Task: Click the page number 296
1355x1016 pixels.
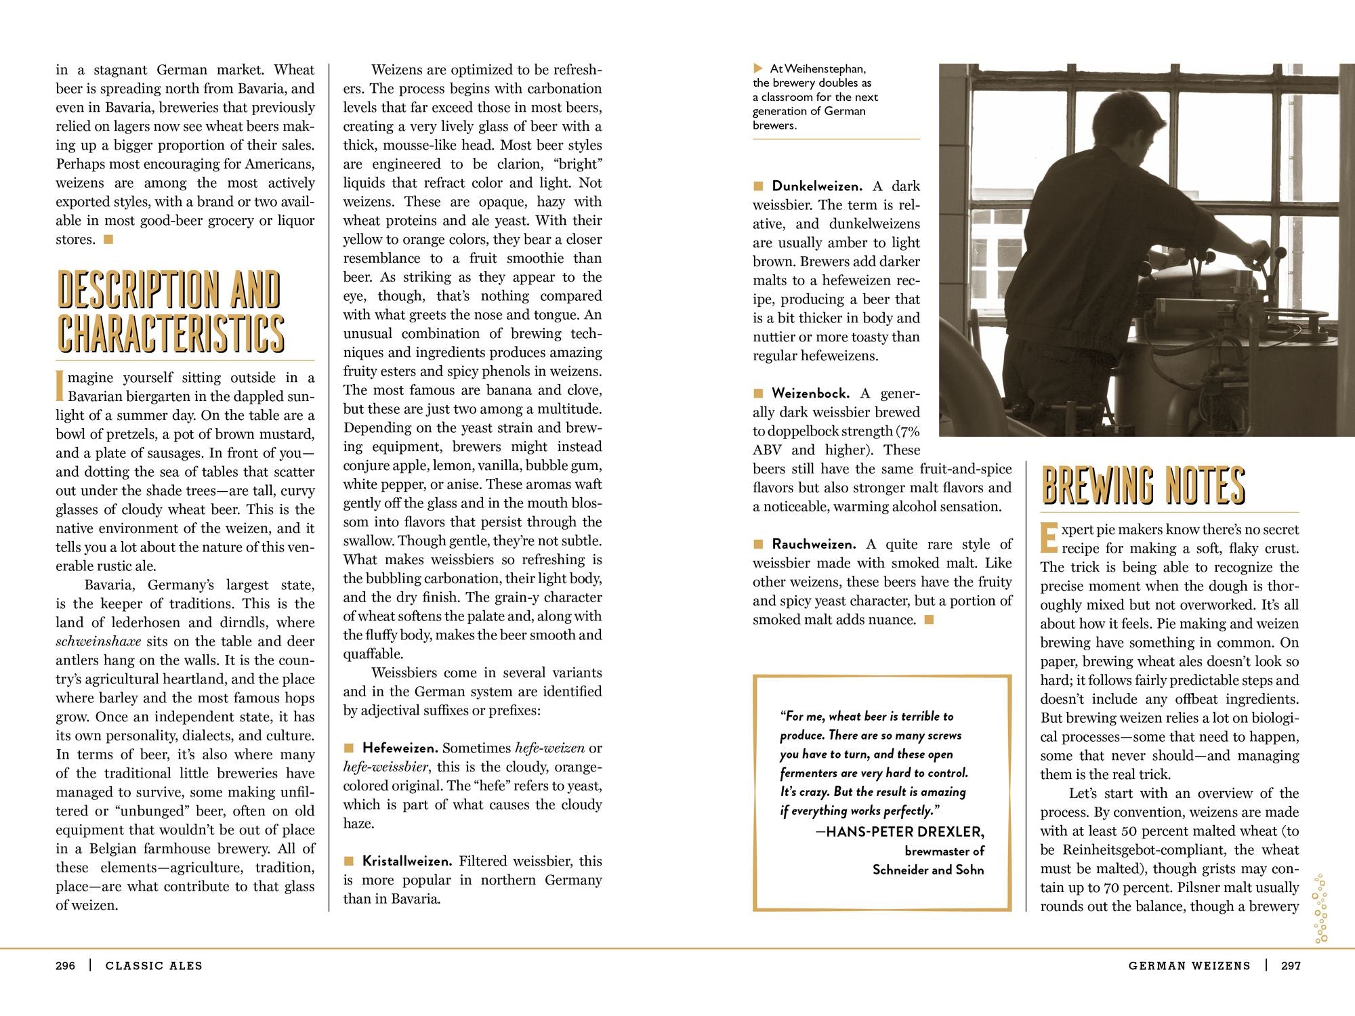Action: point(65,966)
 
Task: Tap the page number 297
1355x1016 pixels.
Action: point(1291,966)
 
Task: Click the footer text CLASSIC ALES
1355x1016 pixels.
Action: point(154,966)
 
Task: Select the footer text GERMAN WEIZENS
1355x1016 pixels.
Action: point(1189,966)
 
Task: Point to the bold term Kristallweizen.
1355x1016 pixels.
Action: point(407,862)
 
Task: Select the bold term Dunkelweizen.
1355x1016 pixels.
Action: point(816,186)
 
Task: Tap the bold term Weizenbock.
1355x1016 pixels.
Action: point(810,394)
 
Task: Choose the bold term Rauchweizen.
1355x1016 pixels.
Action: point(814,545)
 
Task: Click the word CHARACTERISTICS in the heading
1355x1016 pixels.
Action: point(171,333)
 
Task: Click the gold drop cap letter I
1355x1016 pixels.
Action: point(60,386)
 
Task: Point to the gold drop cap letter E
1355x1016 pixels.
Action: point(1049,538)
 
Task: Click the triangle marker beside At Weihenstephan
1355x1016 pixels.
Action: point(758,68)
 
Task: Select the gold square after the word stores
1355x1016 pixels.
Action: point(108,239)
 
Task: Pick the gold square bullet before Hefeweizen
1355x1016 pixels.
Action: point(349,748)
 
